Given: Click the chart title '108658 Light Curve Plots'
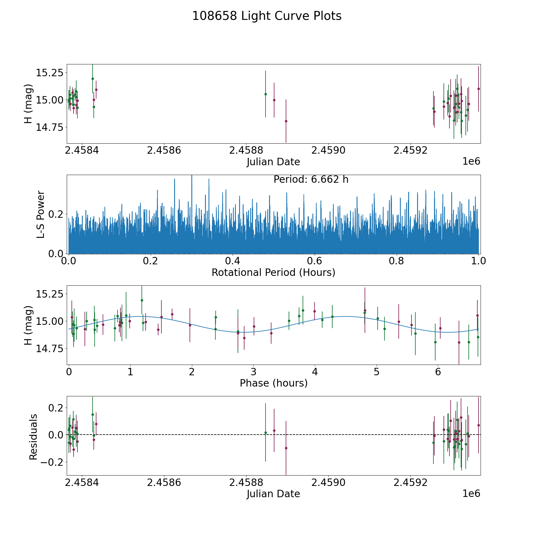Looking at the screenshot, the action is [267, 16].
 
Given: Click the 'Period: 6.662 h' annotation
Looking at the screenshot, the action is [311, 179].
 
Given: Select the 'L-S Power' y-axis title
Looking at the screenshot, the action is [41, 214].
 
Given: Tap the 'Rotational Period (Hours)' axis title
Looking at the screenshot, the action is [273, 272].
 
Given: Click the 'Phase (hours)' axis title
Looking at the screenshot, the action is [274, 383].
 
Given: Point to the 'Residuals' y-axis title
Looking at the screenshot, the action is [33, 437].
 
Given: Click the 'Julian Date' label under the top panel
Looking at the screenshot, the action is [273, 162].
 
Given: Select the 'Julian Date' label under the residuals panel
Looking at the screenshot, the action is [273, 494].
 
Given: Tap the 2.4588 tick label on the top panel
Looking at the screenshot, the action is [246, 150].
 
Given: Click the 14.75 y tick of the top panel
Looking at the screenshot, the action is [50, 127].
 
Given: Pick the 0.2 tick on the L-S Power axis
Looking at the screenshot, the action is [56, 214].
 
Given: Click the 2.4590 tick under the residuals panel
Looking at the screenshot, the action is [328, 482].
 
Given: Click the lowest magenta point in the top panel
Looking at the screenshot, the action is [286, 121].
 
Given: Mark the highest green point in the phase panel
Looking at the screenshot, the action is [142, 300].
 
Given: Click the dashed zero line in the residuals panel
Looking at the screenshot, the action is [274, 435].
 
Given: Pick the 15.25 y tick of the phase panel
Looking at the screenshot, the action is [50, 294].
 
